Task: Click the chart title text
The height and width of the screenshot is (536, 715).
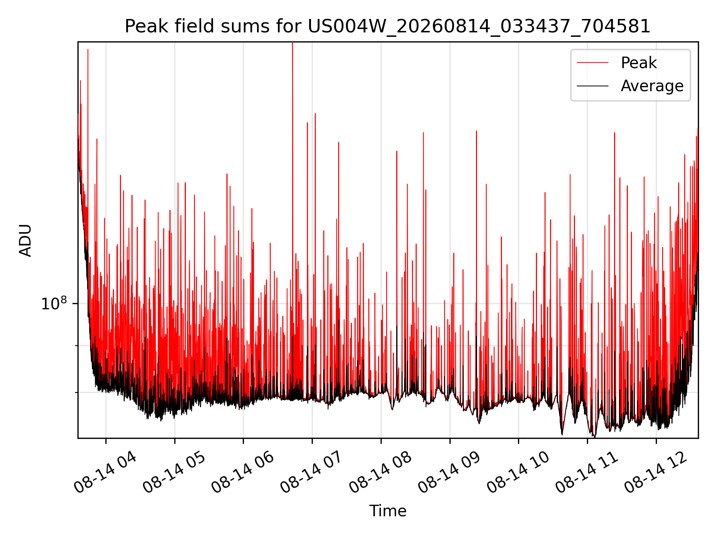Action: point(387,26)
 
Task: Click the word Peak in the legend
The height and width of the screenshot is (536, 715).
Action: point(639,63)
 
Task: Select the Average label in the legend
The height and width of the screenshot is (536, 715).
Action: point(652,86)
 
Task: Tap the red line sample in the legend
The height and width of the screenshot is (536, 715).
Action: point(592,63)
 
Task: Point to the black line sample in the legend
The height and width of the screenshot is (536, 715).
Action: point(592,86)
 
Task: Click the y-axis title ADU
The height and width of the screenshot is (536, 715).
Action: point(25,240)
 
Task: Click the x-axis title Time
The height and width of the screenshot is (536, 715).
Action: point(388,511)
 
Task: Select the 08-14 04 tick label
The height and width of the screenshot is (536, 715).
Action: point(105,472)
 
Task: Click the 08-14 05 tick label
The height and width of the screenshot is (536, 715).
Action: point(174,472)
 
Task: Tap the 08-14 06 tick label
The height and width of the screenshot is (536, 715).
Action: point(243,472)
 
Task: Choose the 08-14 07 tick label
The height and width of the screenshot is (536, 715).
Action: point(312,472)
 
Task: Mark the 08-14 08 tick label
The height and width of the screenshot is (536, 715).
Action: point(381,472)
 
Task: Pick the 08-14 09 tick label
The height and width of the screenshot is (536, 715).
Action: point(449,472)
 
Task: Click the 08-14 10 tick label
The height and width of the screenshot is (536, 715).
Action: point(518,472)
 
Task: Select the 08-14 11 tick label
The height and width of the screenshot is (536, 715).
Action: point(587,472)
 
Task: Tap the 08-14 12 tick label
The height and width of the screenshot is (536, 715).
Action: point(656,472)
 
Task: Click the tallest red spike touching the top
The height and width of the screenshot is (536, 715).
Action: point(293,149)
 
